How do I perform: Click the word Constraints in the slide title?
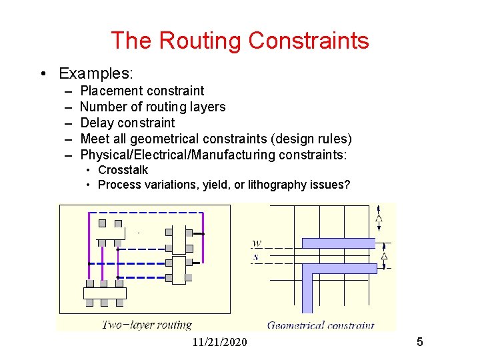click(x=309, y=41)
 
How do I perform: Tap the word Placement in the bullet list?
click(x=111, y=91)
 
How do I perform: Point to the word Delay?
click(x=97, y=123)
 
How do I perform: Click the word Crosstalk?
click(x=123, y=170)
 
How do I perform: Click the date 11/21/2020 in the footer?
click(x=219, y=342)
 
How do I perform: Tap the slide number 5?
click(x=419, y=342)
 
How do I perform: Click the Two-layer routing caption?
click(x=147, y=325)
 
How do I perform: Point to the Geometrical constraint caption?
click(x=321, y=325)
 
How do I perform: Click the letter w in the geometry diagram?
click(x=257, y=243)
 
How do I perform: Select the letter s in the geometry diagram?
click(x=257, y=256)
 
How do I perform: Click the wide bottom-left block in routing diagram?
click(x=104, y=293)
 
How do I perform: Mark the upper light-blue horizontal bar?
click(x=339, y=243)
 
